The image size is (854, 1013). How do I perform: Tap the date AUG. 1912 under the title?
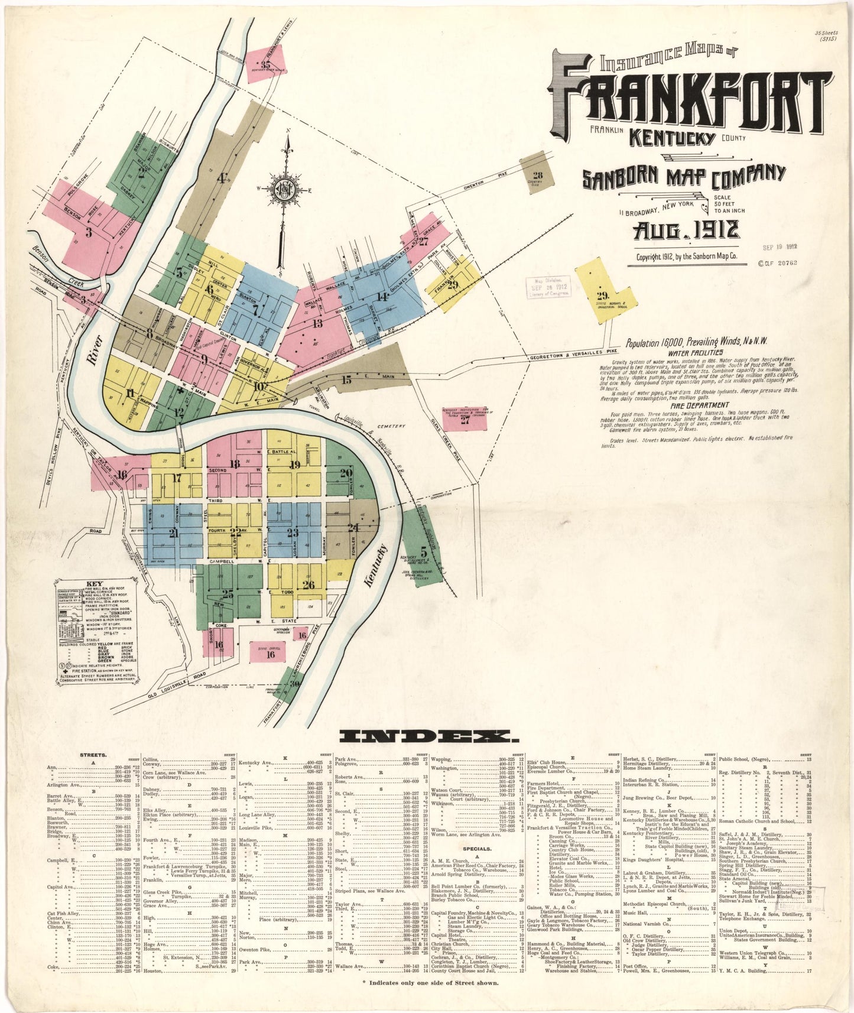click(x=686, y=230)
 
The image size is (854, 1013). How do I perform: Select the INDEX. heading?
click(x=427, y=736)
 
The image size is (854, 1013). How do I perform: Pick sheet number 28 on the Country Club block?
click(x=537, y=174)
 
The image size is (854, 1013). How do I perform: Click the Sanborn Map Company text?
click(x=684, y=176)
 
